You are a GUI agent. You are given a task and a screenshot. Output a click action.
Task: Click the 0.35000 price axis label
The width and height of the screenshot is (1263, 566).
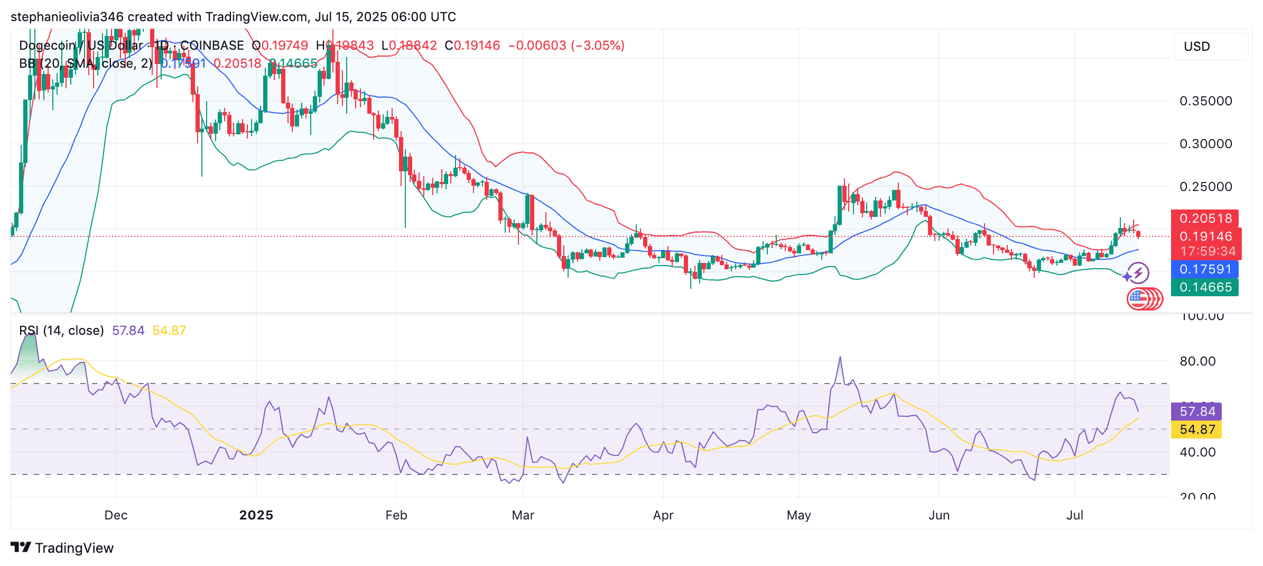pyautogui.click(x=1205, y=101)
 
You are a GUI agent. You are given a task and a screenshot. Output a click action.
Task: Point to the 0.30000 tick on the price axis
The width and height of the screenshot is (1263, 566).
pyautogui.click(x=1205, y=144)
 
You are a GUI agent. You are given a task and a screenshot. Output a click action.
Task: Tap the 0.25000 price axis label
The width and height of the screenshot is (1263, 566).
pyautogui.click(x=1205, y=187)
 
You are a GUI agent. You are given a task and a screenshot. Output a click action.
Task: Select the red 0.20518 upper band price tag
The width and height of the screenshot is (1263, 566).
pyautogui.click(x=1205, y=218)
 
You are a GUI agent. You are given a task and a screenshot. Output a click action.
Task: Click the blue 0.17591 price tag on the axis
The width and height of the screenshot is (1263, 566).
pyautogui.click(x=1205, y=269)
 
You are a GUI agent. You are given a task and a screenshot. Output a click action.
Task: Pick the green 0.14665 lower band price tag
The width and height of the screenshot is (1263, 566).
pyautogui.click(x=1205, y=287)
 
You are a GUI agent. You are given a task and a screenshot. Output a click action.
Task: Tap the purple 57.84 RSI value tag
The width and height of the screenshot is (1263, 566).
pyautogui.click(x=1197, y=412)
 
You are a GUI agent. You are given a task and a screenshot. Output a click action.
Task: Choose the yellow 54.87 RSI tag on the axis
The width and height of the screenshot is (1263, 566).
pyautogui.click(x=1197, y=430)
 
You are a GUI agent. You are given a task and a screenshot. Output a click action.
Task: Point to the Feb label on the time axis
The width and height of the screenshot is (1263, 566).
pyautogui.click(x=396, y=515)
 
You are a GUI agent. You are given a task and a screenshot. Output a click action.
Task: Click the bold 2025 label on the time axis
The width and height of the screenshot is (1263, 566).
pyautogui.click(x=256, y=515)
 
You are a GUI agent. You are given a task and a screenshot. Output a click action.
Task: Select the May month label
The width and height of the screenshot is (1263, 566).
pyautogui.click(x=798, y=515)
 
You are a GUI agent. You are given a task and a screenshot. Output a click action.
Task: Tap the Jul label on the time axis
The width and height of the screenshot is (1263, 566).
pyautogui.click(x=1075, y=515)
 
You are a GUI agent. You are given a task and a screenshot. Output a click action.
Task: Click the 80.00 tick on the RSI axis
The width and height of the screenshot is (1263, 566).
pyautogui.click(x=1197, y=361)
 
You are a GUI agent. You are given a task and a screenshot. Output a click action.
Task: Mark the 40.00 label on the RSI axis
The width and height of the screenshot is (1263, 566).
pyautogui.click(x=1197, y=452)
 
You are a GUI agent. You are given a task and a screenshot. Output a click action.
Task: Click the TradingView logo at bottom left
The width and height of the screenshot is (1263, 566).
pyautogui.click(x=62, y=548)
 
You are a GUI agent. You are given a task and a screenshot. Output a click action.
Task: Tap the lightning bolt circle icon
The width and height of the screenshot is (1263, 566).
pyautogui.click(x=1138, y=273)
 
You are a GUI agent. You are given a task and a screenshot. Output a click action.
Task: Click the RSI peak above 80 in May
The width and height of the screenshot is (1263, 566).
pyautogui.click(x=840, y=358)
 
